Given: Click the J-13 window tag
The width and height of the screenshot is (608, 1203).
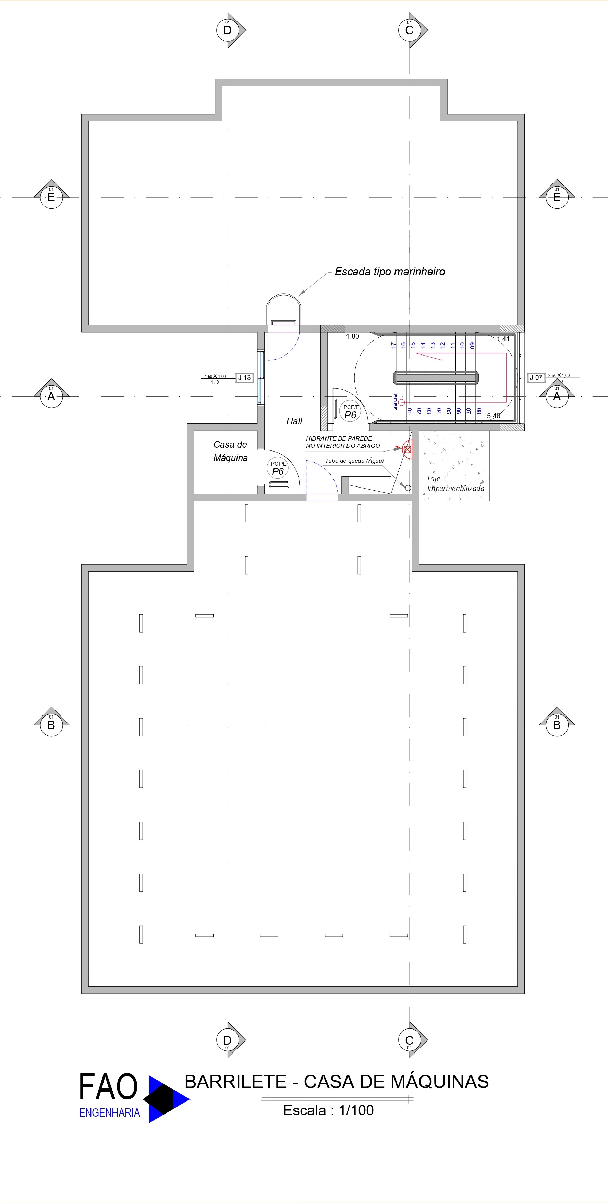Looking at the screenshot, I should [x=244, y=377].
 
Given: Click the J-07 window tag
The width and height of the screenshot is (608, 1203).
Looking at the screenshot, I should [x=536, y=377].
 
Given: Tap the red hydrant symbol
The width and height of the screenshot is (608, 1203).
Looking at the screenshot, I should [x=407, y=449].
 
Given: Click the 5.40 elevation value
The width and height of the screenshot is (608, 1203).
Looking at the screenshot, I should [x=493, y=416].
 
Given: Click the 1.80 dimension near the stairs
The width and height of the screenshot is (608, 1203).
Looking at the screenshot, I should [x=353, y=336].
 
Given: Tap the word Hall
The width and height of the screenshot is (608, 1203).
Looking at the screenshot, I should [x=294, y=421].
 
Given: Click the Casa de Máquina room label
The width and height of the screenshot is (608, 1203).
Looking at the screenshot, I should [x=230, y=451].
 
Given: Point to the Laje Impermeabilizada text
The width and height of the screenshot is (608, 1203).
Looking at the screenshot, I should [x=455, y=484].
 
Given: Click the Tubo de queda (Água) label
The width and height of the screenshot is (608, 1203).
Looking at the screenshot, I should [x=354, y=461].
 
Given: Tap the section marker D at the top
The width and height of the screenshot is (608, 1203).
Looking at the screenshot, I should [x=228, y=30].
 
